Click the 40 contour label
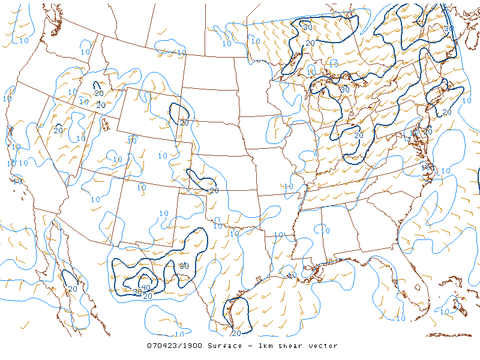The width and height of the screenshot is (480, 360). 145,279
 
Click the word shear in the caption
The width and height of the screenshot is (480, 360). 295,346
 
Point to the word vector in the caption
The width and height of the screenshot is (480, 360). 325,346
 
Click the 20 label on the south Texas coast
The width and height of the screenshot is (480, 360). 236,333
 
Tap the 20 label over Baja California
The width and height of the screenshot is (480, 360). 73,289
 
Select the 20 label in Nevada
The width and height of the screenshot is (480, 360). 58,130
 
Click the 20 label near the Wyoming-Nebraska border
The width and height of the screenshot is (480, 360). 184,122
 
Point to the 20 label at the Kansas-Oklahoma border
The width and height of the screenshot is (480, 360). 214,191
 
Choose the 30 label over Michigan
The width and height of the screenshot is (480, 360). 344,89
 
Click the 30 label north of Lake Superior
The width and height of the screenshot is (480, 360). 307,27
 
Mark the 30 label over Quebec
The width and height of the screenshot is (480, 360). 449,28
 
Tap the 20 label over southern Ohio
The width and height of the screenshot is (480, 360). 359,136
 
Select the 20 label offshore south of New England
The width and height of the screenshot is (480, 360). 447,112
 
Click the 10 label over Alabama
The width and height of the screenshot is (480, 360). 325,230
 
